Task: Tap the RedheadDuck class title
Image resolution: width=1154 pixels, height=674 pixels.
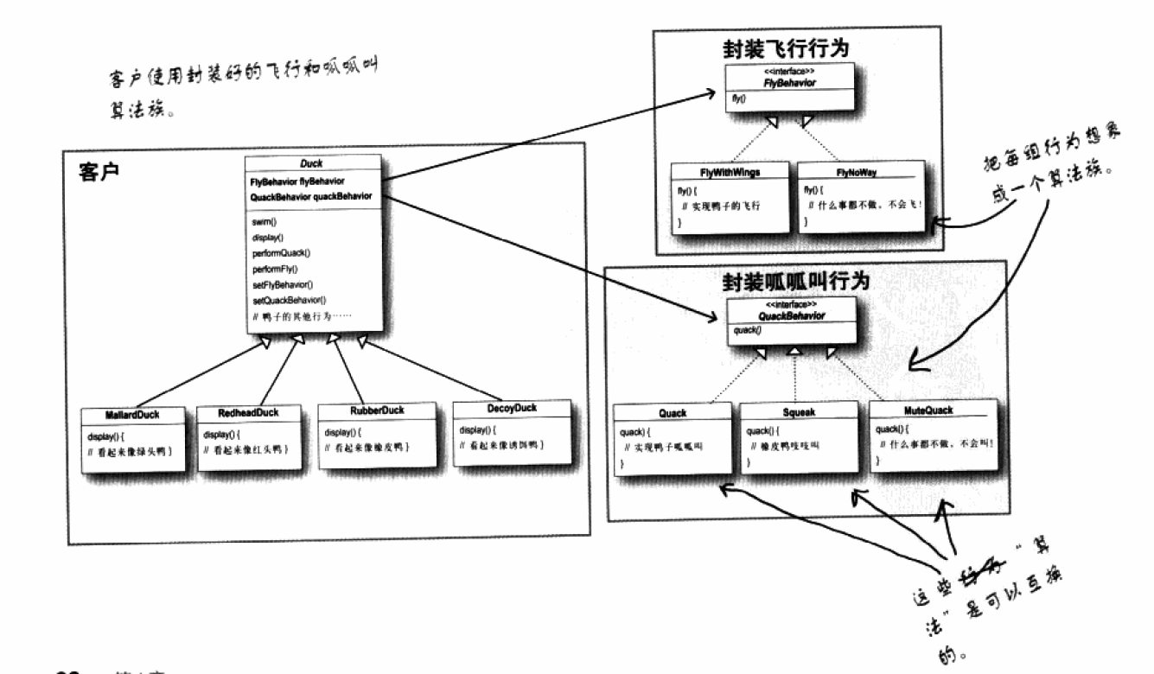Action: (249, 413)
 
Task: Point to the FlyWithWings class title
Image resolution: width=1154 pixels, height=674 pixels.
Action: (729, 171)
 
